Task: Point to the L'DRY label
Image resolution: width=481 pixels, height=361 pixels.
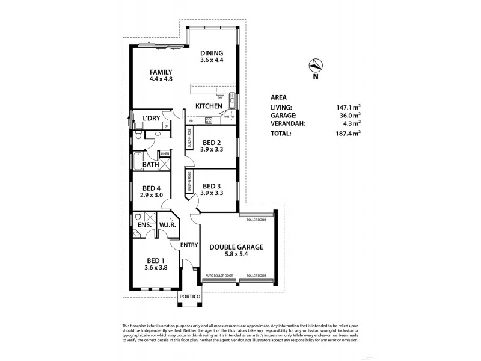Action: [152, 118]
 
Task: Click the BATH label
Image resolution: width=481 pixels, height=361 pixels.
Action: [150, 164]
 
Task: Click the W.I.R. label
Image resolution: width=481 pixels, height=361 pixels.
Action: [167, 226]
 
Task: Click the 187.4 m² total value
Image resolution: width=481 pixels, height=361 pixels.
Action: [349, 134]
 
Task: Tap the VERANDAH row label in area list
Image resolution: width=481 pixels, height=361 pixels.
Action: [286, 124]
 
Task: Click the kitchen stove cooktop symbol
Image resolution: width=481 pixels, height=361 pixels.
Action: [208, 120]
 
